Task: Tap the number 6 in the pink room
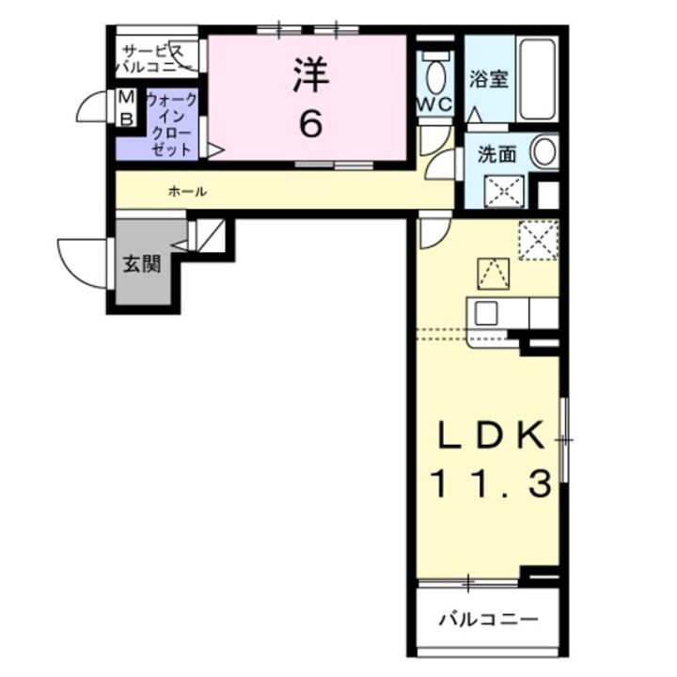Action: pos(310,123)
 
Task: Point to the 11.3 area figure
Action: pos(491,485)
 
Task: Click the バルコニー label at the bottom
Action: pos(489,620)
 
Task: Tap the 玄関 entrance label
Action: pos(140,263)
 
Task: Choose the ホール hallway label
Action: pos(188,192)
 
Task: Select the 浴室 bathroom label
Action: pos(489,79)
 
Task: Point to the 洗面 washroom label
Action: pos(496,155)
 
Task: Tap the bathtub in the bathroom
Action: pos(539,79)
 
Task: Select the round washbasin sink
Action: pos(544,151)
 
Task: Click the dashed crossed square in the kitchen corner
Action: pos(539,239)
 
